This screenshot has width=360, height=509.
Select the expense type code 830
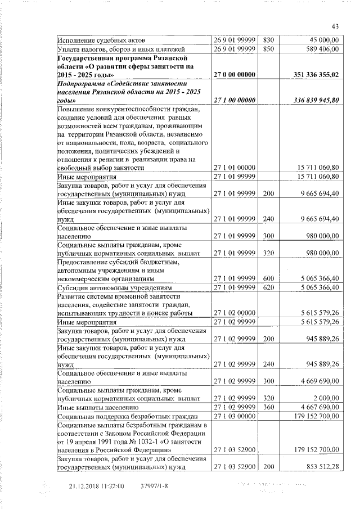268,40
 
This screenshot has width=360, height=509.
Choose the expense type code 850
268,49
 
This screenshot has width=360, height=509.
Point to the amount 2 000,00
326,398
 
